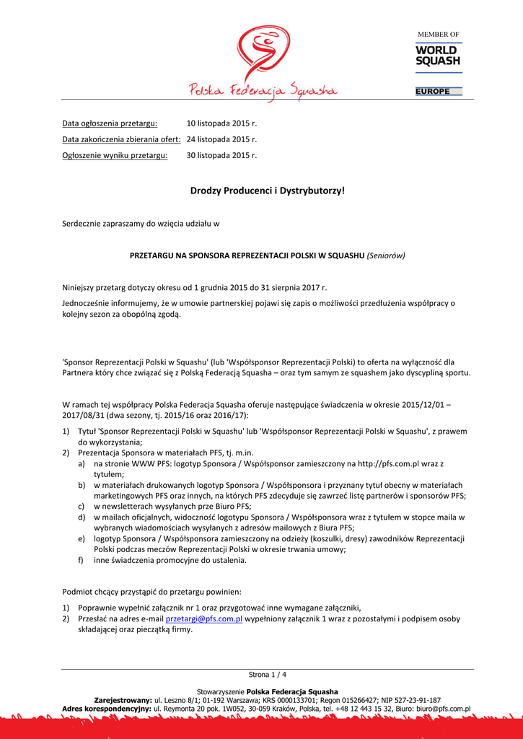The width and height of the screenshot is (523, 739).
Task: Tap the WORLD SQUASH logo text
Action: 437,56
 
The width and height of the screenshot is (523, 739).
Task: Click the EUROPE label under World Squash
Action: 433,92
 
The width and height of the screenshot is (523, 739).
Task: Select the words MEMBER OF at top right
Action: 439,35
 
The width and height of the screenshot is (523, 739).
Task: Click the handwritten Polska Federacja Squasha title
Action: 263,89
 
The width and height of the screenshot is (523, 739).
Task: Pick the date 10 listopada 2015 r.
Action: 221,123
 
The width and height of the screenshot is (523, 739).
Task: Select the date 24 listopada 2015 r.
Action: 221,139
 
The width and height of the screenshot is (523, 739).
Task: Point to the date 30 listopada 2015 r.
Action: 221,155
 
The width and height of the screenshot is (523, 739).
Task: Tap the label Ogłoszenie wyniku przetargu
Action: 115,155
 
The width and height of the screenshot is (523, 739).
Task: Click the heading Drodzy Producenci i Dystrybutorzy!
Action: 268,191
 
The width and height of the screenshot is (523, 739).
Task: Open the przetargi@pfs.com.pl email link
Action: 203,619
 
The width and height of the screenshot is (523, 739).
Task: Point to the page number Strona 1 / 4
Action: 268,675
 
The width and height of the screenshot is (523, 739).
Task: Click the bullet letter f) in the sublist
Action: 81,560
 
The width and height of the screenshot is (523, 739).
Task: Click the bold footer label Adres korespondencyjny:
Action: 107,709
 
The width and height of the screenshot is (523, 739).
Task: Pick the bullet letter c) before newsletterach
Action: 81,506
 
